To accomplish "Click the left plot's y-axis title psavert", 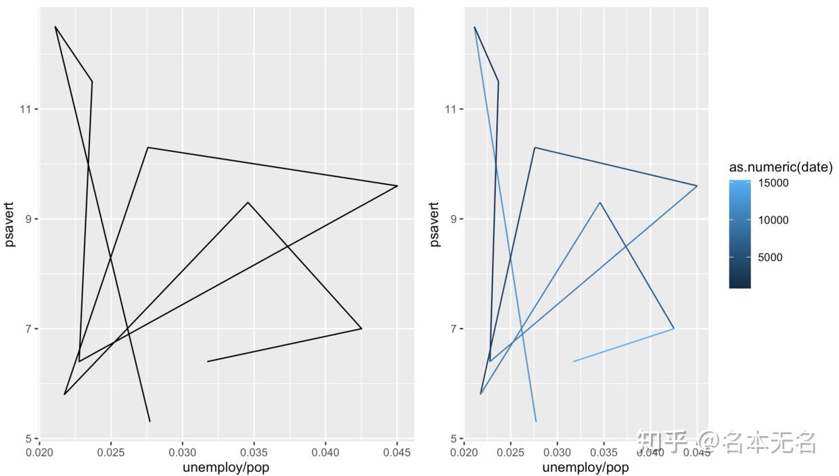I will tap(10, 223).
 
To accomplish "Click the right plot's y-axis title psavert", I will tap(434, 223).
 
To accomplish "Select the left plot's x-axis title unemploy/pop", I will tap(226, 467).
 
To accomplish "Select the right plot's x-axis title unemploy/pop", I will tap(585, 467).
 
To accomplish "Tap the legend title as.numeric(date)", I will tap(781, 167).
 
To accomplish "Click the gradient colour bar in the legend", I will tap(740, 233).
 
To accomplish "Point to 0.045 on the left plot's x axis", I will tap(396, 451).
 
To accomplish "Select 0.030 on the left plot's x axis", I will tap(183, 451).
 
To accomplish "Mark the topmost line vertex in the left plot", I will tap(55, 27).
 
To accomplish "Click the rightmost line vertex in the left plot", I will tap(397, 185).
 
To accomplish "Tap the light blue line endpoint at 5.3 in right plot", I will tap(536, 421).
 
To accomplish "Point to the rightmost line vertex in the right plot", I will tap(697, 185).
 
